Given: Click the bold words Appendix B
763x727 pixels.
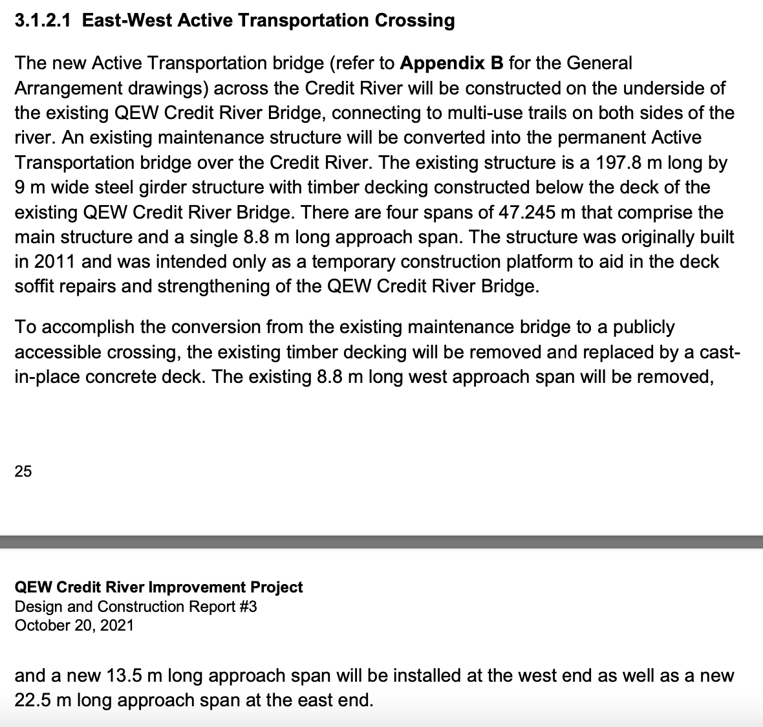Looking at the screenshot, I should tap(451, 63).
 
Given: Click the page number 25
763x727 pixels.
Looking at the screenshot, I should tap(23, 472).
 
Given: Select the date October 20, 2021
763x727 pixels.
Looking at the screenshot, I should tap(74, 625).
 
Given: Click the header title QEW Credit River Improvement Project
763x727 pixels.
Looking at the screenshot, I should tap(158, 587).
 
